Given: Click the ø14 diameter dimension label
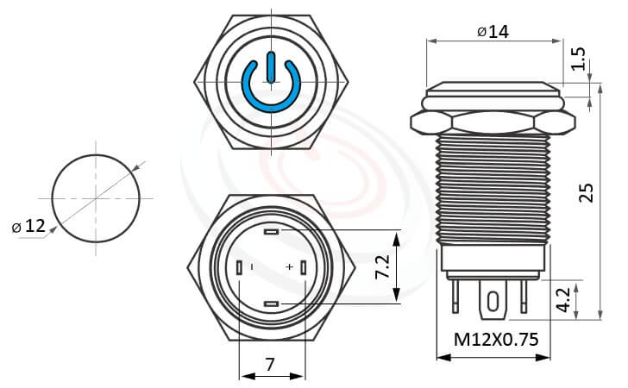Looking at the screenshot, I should [x=492, y=31].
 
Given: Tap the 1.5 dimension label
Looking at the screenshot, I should [x=579, y=59].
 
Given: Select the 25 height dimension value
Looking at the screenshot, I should [x=587, y=191].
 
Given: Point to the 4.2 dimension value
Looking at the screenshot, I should [x=562, y=299].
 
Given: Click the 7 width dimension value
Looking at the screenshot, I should [x=270, y=364].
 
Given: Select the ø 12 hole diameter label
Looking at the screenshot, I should [x=28, y=227].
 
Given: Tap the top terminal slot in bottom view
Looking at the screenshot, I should [x=272, y=233].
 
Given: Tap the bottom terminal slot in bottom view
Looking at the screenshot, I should [x=272, y=304].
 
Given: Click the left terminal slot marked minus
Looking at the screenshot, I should [x=239, y=268].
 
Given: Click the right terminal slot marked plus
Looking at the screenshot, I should [x=305, y=268].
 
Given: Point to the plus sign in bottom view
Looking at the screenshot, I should [x=290, y=268].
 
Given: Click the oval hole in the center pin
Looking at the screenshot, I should [x=493, y=302].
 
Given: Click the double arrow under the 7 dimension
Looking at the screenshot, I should [x=271, y=377].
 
